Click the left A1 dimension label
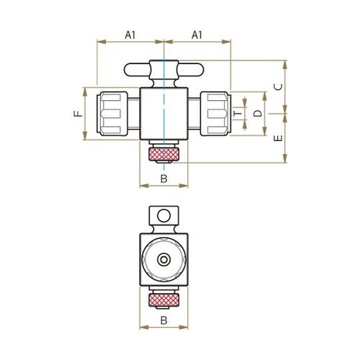[130, 35]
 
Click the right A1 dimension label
[197, 35]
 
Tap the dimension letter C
[279, 86]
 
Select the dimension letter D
[258, 113]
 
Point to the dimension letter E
[279, 138]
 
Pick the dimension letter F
[78, 114]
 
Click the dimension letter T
[238, 114]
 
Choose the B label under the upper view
[163, 179]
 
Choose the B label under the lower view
[163, 320]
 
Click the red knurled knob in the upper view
[163, 154]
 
